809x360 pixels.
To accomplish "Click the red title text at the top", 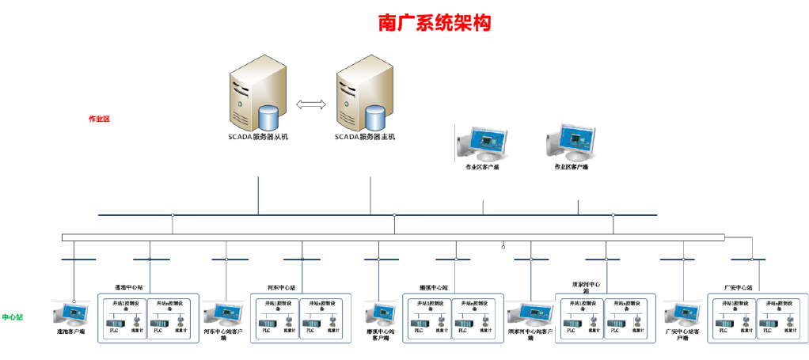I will tap(434, 23).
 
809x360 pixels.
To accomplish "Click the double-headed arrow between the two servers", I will tap(311, 104).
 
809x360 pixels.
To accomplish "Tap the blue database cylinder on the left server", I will tap(270, 118).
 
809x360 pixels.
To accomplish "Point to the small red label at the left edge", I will tap(99, 119).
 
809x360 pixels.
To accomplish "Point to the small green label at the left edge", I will tap(13, 316).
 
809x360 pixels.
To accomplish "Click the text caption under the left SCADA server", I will tap(258, 137).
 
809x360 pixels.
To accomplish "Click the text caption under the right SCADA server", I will tap(365, 137).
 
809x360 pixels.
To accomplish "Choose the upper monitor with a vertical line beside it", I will tap(484, 142).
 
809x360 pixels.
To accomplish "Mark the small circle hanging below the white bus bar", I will tap(503, 246).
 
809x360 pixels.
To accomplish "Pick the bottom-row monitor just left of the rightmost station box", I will tap(683, 316).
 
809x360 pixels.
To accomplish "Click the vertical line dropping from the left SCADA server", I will tap(258, 194).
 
